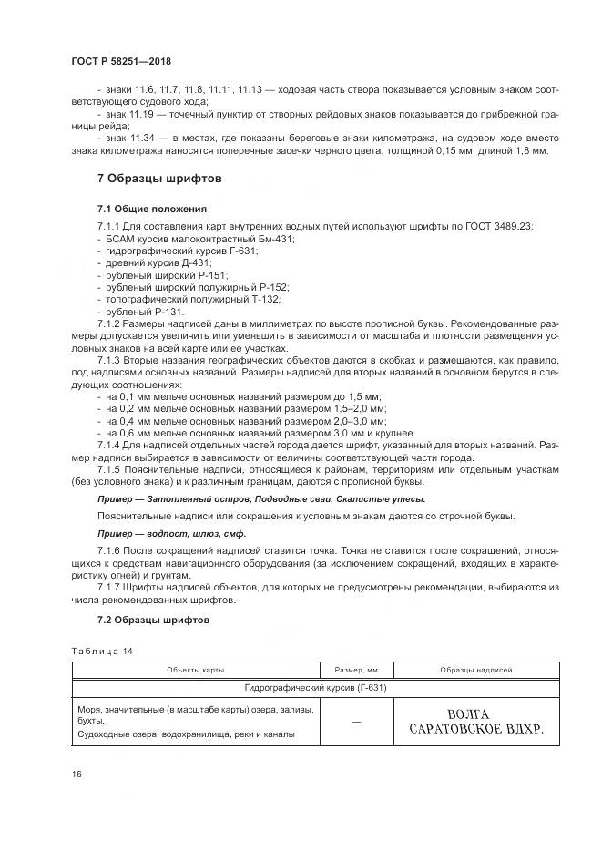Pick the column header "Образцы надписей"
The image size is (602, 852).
475,670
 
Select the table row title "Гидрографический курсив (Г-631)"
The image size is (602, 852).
314,688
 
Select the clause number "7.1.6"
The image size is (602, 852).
109,551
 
